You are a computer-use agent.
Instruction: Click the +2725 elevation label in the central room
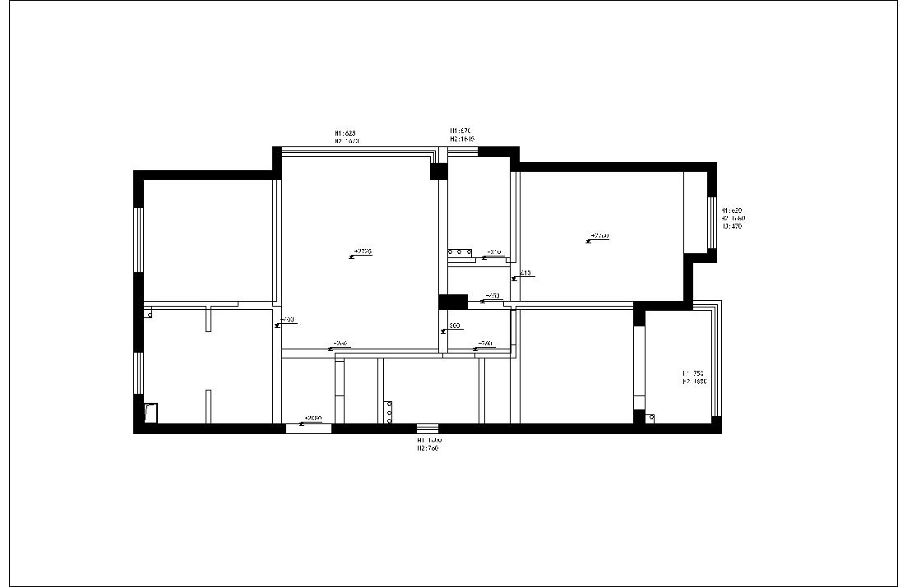pyautogui.click(x=363, y=252)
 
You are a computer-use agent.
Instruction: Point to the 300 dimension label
pyautogui.click(x=454, y=326)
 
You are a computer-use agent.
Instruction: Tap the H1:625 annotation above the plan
pyautogui.click(x=345, y=132)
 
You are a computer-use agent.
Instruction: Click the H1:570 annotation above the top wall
pyautogui.click(x=459, y=131)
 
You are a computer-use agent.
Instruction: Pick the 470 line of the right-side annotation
pyautogui.click(x=733, y=226)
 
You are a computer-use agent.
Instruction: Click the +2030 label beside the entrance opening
pyautogui.click(x=312, y=418)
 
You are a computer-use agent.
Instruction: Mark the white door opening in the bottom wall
pyautogui.click(x=308, y=428)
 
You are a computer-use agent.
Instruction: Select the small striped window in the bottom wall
pyautogui.click(x=428, y=428)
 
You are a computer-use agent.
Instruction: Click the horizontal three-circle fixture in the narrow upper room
pyautogui.click(x=460, y=252)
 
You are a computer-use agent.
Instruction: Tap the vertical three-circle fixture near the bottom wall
pyautogui.click(x=389, y=412)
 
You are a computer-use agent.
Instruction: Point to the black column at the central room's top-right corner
pyautogui.click(x=438, y=171)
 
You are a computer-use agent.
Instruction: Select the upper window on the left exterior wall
pyautogui.click(x=139, y=239)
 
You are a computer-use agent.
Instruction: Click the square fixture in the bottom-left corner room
pyautogui.click(x=150, y=413)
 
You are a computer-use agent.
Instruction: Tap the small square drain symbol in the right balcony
pyautogui.click(x=650, y=418)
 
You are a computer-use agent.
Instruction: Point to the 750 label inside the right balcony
pyautogui.click(x=695, y=373)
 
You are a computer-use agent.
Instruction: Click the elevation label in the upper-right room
pyautogui.click(x=600, y=236)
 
